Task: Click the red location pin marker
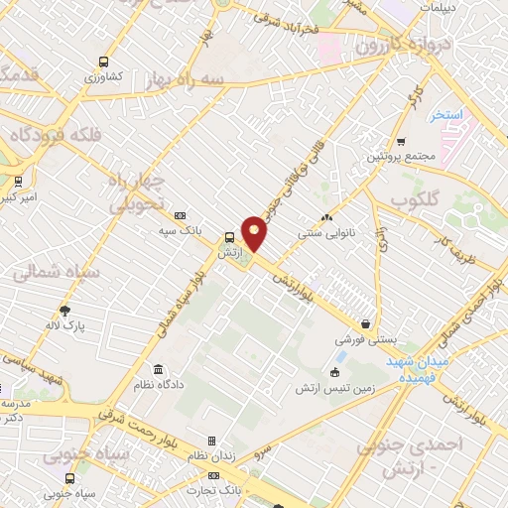[255, 234]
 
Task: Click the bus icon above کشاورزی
[103, 60]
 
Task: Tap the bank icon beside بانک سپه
[180, 215]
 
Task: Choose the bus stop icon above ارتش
[230, 237]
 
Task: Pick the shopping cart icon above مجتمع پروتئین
[401, 141]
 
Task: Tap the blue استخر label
[447, 116]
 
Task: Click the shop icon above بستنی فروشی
[366, 323]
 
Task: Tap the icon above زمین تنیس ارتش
[333, 372]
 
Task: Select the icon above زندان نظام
[210, 441]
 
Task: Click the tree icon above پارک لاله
[65, 310]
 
